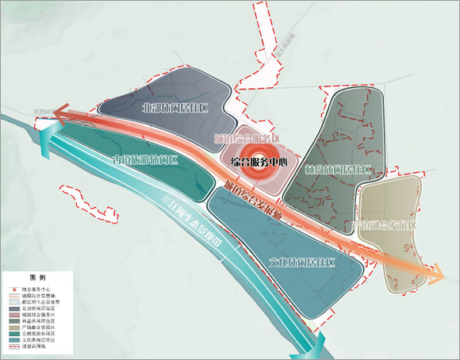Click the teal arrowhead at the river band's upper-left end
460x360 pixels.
tap(50, 132)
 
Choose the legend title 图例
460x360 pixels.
tap(36, 279)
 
